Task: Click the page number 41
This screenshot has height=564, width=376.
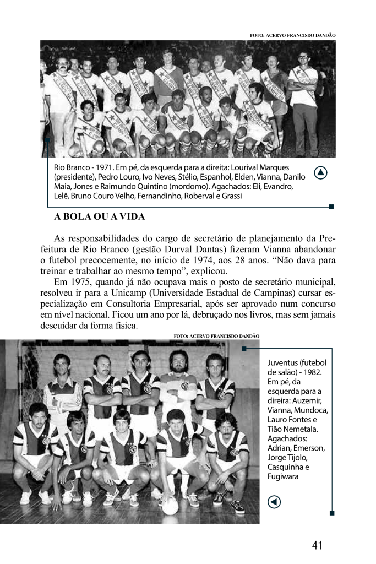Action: click(317, 545)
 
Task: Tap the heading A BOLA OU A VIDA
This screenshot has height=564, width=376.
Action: click(99, 216)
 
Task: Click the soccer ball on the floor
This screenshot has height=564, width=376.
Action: click(170, 506)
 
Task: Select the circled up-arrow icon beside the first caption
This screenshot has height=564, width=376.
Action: click(321, 173)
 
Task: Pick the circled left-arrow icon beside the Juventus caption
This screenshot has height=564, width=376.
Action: click(274, 501)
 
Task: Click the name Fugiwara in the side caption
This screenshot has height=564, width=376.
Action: click(283, 477)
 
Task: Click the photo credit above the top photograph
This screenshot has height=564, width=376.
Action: click(292, 35)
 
